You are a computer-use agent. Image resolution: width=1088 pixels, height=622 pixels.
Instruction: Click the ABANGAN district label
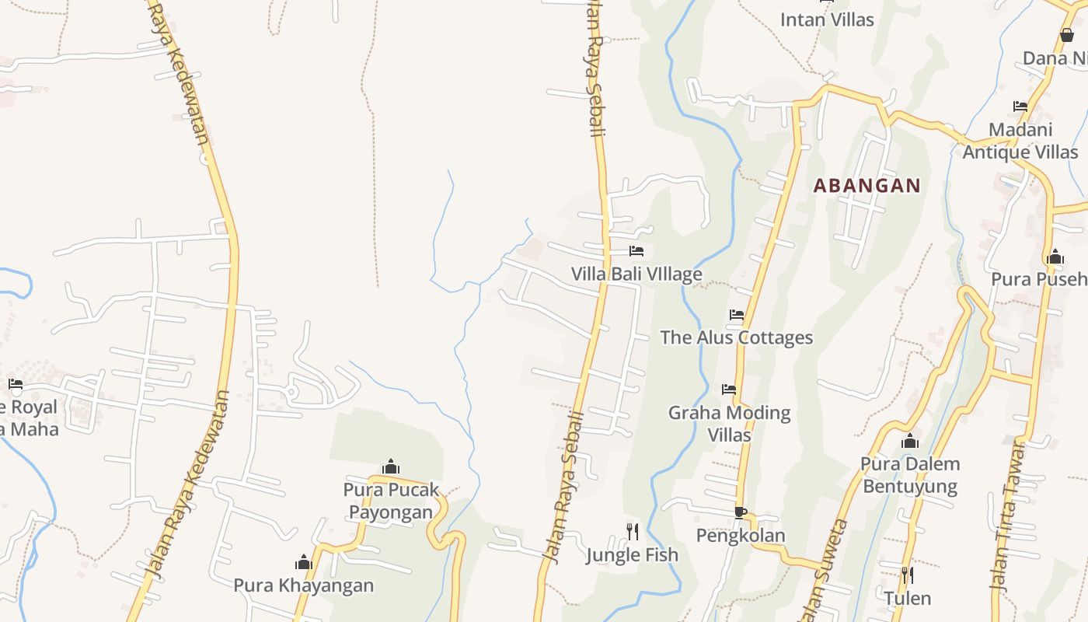pyautogui.click(x=867, y=186)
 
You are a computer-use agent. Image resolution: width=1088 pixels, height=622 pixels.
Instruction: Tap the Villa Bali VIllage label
pyautogui.click(x=636, y=274)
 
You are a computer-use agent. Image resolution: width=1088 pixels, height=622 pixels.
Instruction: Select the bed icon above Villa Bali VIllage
pyautogui.click(x=636, y=251)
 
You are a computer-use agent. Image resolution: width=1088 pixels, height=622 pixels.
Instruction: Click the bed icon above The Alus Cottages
pyautogui.click(x=737, y=315)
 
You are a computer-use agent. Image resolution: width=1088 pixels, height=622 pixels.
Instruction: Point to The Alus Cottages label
pyautogui.click(x=736, y=337)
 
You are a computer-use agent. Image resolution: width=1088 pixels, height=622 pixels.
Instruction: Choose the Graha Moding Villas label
pyautogui.click(x=729, y=424)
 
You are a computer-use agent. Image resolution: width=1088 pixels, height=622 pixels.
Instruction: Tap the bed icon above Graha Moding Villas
pyautogui.click(x=729, y=389)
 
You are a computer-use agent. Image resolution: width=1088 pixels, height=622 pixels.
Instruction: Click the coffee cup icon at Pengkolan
pyautogui.click(x=741, y=512)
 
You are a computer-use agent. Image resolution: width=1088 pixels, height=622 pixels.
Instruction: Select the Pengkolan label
pyautogui.click(x=741, y=536)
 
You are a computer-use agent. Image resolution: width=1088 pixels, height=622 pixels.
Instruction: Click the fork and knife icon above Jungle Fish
pyautogui.click(x=633, y=531)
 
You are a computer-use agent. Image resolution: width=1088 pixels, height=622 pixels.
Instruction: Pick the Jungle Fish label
pyautogui.click(x=632, y=555)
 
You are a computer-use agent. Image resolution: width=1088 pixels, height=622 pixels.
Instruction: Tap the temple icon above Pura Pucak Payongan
pyautogui.click(x=391, y=466)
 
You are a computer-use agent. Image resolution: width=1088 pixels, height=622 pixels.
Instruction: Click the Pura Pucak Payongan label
pyautogui.click(x=391, y=501)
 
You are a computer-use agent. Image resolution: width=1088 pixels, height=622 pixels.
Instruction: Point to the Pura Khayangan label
pyautogui.click(x=304, y=585)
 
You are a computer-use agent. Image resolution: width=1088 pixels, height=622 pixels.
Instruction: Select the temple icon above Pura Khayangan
pyautogui.click(x=304, y=562)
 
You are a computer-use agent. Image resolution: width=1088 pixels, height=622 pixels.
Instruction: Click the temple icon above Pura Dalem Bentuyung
pyautogui.click(x=910, y=442)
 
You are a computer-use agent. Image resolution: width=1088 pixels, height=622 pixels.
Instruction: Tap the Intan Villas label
pyautogui.click(x=827, y=20)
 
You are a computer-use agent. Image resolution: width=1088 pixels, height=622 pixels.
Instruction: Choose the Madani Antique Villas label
pyautogui.click(x=1020, y=141)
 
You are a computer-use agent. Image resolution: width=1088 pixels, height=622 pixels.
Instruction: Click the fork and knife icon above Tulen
pyautogui.click(x=906, y=575)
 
